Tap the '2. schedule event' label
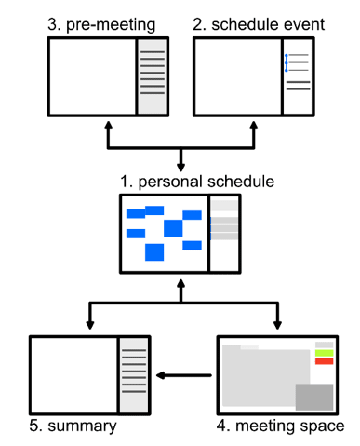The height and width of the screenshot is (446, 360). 259,22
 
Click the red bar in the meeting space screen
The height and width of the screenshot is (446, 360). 324,361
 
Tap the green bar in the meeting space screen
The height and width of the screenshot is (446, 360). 324,353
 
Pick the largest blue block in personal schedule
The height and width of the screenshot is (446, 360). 173,228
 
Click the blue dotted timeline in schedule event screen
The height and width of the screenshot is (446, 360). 287,63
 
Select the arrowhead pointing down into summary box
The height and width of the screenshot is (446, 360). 90,324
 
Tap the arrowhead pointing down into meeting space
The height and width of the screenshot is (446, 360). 276,324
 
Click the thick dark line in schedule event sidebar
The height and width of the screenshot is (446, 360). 299,83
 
